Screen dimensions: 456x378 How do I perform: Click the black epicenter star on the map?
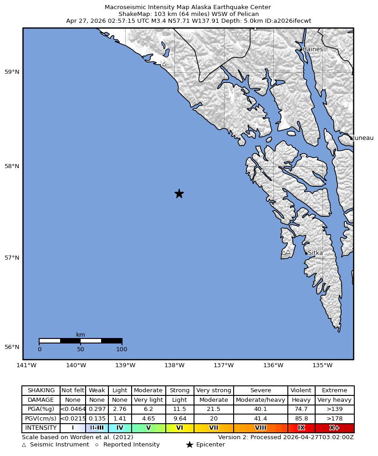(x=179, y=194)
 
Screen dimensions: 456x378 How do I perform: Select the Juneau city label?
(x=363, y=138)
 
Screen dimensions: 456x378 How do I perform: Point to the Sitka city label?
(x=315, y=253)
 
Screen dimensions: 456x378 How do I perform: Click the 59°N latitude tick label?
(x=12, y=72)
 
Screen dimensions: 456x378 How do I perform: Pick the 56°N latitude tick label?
(x=12, y=347)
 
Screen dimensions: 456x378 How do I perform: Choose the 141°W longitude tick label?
(x=26, y=365)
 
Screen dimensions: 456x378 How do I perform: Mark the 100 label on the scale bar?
(x=122, y=349)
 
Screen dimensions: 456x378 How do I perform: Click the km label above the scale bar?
(x=81, y=335)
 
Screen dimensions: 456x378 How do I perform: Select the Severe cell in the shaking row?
(x=261, y=390)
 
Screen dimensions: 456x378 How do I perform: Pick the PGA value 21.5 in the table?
(x=214, y=409)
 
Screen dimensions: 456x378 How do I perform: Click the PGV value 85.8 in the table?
(x=301, y=418)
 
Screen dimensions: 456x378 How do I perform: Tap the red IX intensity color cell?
(x=301, y=428)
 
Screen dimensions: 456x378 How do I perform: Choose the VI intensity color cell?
(x=179, y=428)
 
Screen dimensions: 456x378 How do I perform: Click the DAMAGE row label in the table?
(x=41, y=400)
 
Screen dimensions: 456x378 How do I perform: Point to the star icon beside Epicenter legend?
(x=189, y=445)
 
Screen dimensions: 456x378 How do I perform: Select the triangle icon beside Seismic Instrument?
(x=24, y=445)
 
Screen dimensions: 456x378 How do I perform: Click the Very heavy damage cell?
(x=334, y=400)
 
